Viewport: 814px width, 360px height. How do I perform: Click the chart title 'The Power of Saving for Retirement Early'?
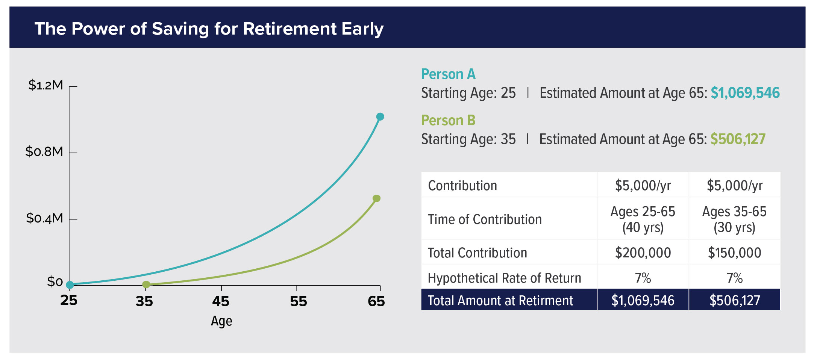pyautogui.click(x=209, y=29)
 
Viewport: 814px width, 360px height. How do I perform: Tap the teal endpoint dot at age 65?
pyautogui.click(x=380, y=117)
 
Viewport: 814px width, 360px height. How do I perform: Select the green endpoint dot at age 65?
pyautogui.click(x=376, y=198)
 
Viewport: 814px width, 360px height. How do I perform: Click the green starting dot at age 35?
pyautogui.click(x=146, y=285)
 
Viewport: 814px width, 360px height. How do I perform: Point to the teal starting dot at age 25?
pyautogui.click(x=70, y=285)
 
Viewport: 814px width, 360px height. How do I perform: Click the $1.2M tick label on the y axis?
pyautogui.click(x=45, y=85)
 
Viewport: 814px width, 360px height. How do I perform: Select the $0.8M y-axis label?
pyautogui.click(x=44, y=151)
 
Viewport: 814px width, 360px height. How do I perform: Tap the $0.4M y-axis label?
pyautogui.click(x=44, y=218)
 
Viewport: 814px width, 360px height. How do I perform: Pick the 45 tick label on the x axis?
pyautogui.click(x=221, y=301)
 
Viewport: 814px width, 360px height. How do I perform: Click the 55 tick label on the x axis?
pyautogui.click(x=299, y=301)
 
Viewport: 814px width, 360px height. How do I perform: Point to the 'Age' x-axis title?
pyautogui.click(x=221, y=321)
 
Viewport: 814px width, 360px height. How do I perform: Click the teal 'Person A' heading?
pyautogui.click(x=448, y=74)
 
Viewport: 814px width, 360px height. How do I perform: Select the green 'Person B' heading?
pyautogui.click(x=448, y=120)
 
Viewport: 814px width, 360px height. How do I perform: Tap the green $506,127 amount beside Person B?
pyautogui.click(x=738, y=139)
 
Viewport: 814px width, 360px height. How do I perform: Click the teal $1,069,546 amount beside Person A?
pyautogui.click(x=745, y=93)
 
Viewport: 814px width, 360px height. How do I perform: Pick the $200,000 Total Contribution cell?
pyautogui.click(x=643, y=253)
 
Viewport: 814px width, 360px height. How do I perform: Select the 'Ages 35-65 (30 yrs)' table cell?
pyautogui.click(x=734, y=219)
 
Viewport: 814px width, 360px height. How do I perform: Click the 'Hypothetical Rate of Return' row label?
pyautogui.click(x=504, y=278)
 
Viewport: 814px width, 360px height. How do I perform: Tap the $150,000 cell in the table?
pyautogui.click(x=734, y=253)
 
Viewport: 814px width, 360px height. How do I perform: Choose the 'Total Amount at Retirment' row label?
pyautogui.click(x=500, y=301)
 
